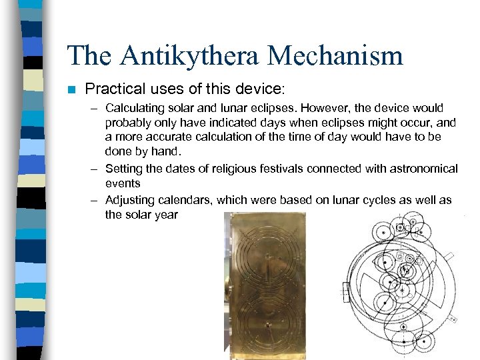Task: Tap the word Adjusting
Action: (129, 200)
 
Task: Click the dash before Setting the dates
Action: (97, 169)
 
